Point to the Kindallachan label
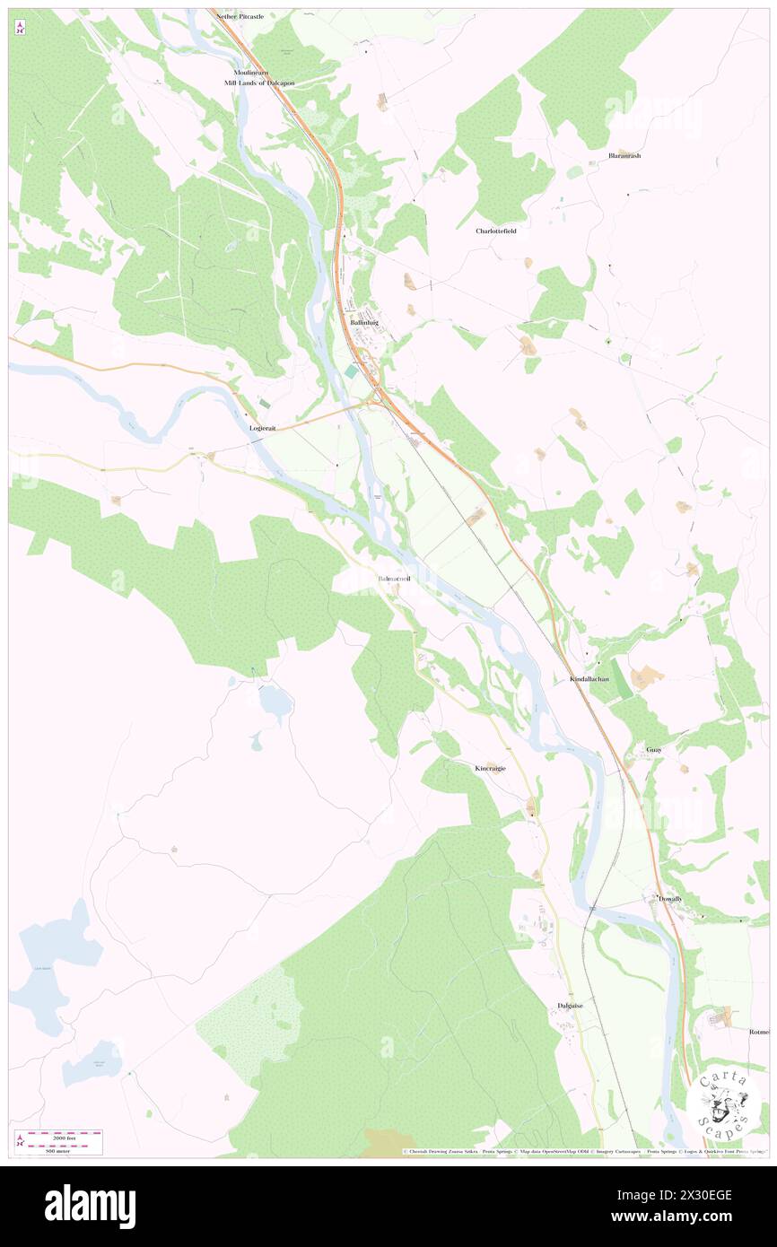tap(589, 679)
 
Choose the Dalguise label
tap(570, 1006)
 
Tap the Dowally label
tap(670, 898)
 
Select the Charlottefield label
tap(496, 231)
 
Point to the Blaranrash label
tap(624, 155)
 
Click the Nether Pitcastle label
tap(240, 16)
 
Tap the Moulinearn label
tap(251, 72)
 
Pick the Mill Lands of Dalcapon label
tap(259, 83)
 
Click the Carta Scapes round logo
tap(724, 1103)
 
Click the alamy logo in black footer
tap(90, 1206)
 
